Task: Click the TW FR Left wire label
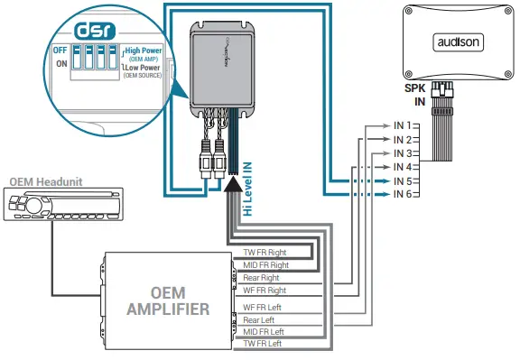[265, 344]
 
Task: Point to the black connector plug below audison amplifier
[442, 93]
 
